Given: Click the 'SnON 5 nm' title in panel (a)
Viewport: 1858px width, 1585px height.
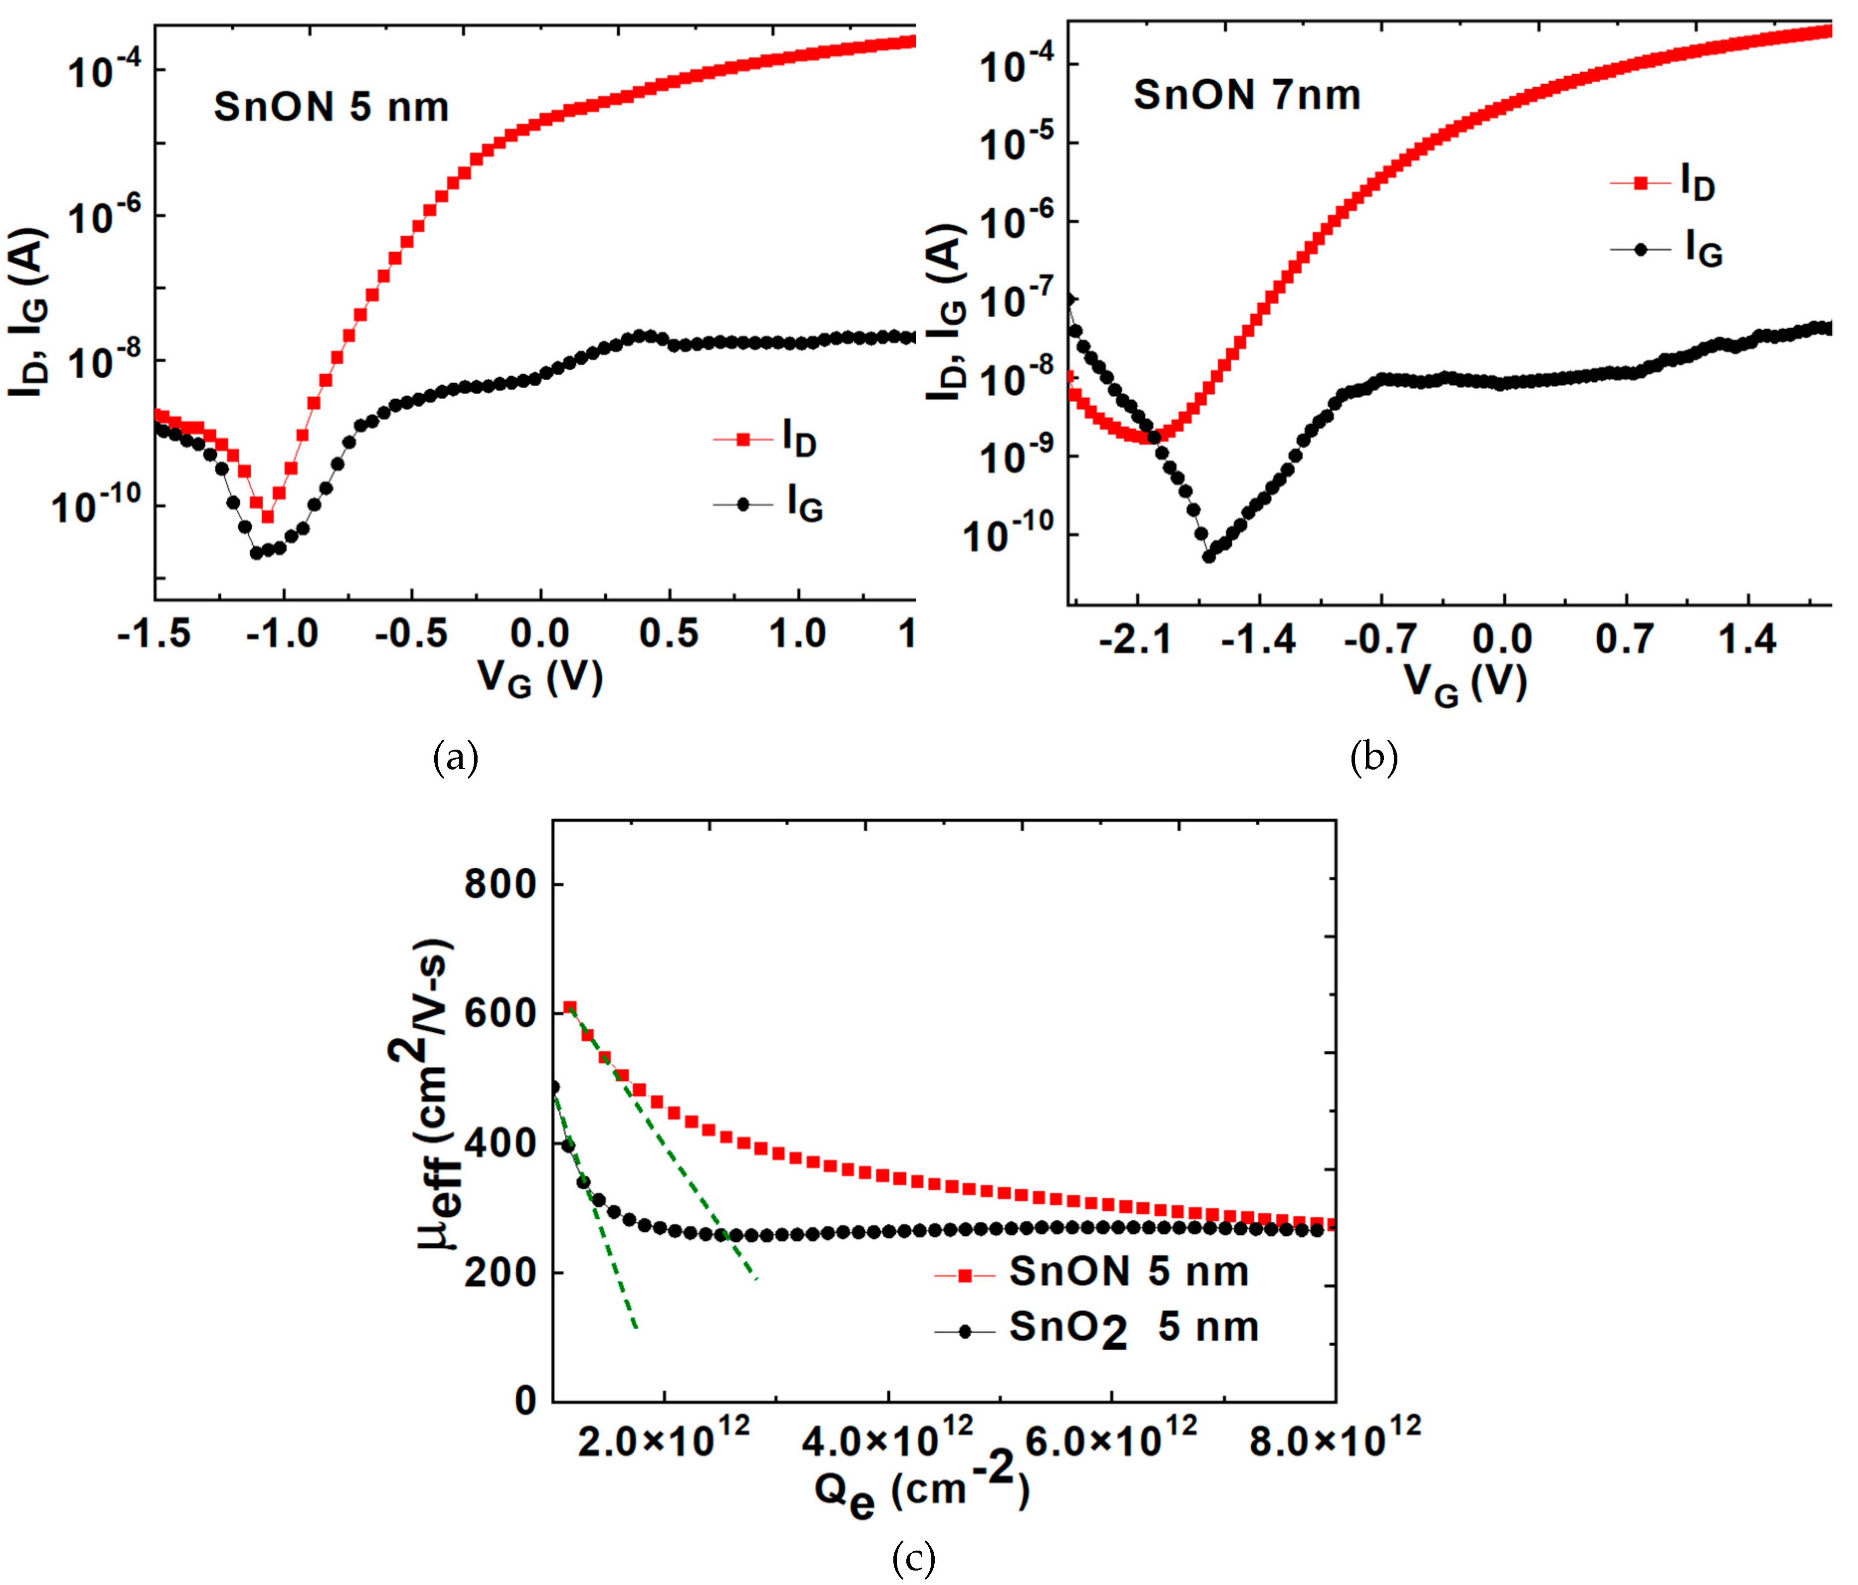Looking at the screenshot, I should tap(331, 108).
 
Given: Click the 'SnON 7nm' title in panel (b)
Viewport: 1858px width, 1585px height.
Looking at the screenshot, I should tap(1246, 95).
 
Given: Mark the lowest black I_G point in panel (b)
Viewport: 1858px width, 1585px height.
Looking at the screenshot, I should tap(1208, 556).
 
